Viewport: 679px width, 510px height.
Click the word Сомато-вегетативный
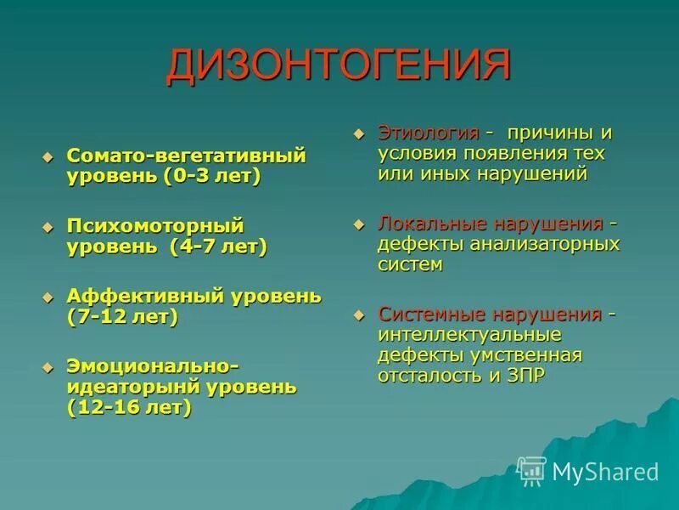coord(186,156)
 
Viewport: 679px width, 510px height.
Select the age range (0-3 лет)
coord(213,178)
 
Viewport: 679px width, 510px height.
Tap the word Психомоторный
coord(155,226)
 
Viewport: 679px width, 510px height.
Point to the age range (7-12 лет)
coord(122,317)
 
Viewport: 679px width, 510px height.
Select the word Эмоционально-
coord(153,365)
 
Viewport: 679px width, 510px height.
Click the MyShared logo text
coord(604,472)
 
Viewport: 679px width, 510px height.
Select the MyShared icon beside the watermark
coord(532,471)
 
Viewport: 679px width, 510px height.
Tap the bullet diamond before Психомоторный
coord(48,227)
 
